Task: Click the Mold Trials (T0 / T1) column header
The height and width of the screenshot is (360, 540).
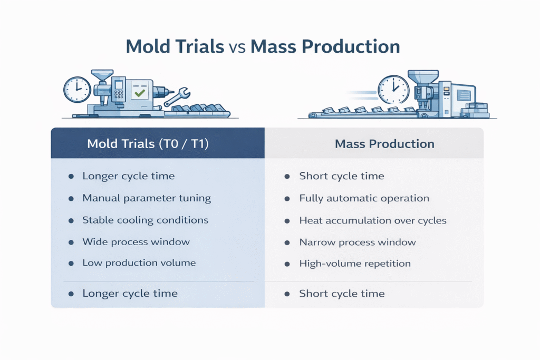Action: click(x=148, y=144)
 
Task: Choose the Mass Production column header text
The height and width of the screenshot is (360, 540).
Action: click(x=384, y=144)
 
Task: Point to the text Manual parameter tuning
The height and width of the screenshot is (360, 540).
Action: click(x=147, y=198)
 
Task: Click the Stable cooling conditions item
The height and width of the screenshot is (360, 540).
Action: click(x=145, y=220)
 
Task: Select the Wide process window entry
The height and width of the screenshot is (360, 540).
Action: click(x=136, y=242)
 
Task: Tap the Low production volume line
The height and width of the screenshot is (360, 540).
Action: click(x=139, y=262)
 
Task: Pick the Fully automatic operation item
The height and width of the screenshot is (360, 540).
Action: click(x=364, y=198)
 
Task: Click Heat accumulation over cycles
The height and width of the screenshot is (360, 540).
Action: click(x=372, y=220)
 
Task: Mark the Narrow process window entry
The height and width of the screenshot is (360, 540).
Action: click(x=357, y=242)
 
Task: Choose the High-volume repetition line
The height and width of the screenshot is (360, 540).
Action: click(x=354, y=263)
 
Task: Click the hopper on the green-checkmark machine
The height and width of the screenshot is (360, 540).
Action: click(x=101, y=76)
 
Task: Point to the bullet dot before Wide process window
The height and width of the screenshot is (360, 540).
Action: click(x=71, y=242)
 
